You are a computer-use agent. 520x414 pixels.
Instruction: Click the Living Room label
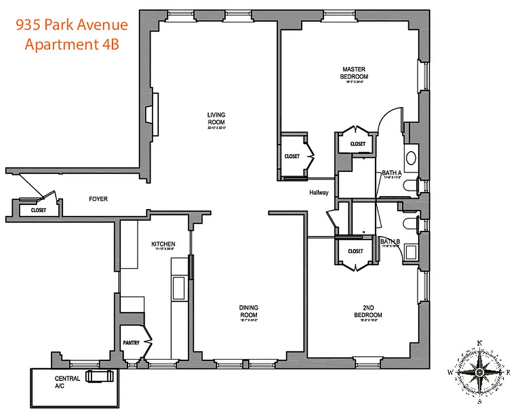click(x=216, y=118)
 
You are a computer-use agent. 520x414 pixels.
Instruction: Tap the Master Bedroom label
click(x=354, y=72)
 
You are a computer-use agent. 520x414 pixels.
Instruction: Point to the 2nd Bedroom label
click(x=368, y=312)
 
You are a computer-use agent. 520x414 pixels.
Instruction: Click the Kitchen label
click(x=163, y=244)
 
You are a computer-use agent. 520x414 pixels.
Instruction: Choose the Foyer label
click(x=98, y=199)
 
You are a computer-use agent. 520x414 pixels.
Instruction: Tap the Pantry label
click(x=131, y=343)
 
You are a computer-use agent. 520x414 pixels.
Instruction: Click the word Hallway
click(x=319, y=193)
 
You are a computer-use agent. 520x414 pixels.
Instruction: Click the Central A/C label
click(x=67, y=382)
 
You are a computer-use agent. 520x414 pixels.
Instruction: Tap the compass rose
click(x=479, y=372)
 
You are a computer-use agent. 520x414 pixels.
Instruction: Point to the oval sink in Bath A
click(x=412, y=158)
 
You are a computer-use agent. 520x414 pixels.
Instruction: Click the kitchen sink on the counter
click(x=179, y=286)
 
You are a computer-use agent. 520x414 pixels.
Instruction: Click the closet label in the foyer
click(x=38, y=211)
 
